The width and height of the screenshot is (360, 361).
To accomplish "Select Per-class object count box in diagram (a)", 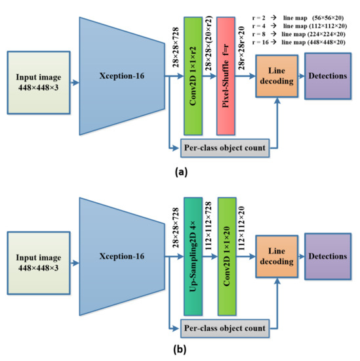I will (x=224, y=148).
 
